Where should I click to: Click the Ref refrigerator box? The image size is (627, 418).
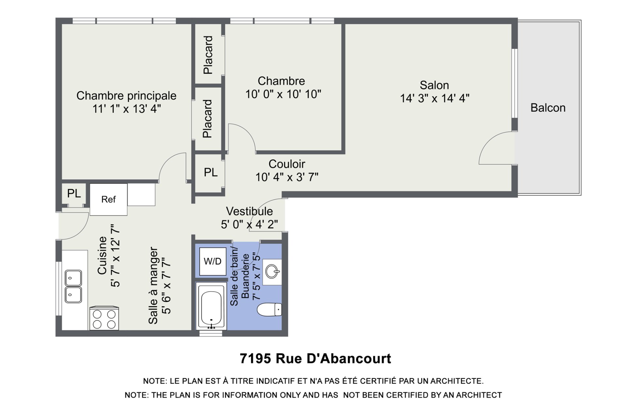point(108,199)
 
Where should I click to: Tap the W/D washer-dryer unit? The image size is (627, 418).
point(213,261)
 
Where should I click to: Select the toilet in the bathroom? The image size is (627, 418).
point(269,310)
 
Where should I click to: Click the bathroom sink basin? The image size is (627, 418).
point(272,271)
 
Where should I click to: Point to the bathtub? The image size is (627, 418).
point(211,306)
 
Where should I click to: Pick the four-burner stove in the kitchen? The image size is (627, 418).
point(104,318)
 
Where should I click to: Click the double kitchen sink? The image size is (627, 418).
point(73,286)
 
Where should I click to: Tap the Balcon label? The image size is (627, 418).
point(548,108)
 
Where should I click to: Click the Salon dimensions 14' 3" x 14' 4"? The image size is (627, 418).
point(435,98)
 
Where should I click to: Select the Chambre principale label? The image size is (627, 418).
point(126,96)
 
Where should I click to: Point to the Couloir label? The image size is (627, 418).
point(287,164)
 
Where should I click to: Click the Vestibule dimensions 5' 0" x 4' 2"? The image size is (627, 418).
point(249,225)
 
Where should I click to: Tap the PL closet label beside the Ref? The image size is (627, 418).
point(74,193)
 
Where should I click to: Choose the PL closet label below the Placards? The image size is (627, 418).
point(211,172)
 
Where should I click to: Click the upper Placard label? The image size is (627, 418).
point(208,55)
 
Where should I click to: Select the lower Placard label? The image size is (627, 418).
point(208,119)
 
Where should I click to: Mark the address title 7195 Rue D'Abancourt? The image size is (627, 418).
point(315,359)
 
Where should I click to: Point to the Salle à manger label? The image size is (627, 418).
point(153,285)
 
